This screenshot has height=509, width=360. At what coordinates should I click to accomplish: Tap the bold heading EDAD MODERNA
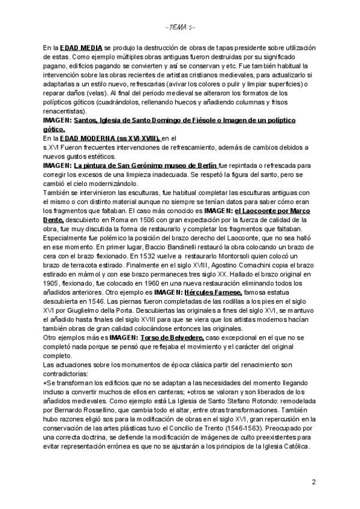pos(92,138)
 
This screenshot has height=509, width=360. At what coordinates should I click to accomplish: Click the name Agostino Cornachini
pos(233,264)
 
